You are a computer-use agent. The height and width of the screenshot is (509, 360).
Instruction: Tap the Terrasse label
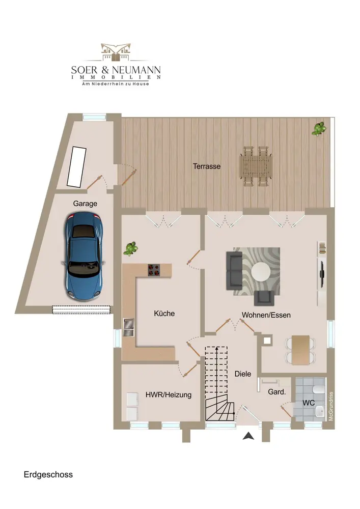click(x=206, y=166)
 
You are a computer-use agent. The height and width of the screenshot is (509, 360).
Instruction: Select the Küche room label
click(x=164, y=313)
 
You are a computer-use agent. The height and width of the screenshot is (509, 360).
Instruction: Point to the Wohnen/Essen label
click(x=266, y=315)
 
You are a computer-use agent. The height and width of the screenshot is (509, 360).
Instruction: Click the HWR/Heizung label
click(x=169, y=395)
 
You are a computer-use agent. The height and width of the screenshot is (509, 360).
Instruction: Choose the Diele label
click(x=243, y=374)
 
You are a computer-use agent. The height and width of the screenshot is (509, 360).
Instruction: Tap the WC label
click(x=309, y=403)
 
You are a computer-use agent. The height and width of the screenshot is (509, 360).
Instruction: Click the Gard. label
click(x=277, y=392)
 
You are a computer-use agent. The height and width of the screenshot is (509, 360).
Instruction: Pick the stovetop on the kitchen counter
click(x=154, y=270)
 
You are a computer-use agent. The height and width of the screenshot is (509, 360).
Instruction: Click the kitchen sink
click(x=129, y=327)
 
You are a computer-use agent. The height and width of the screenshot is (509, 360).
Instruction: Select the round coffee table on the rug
click(x=261, y=271)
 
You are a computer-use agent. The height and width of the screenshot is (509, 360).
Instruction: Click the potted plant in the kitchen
click(x=130, y=249)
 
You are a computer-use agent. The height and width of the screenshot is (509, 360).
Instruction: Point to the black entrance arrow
click(x=248, y=436)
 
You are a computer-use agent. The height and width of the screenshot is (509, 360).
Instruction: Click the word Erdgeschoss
click(x=48, y=474)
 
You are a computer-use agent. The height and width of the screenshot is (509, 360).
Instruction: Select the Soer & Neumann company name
click(x=116, y=69)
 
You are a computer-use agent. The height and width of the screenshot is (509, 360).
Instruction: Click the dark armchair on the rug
click(x=264, y=298)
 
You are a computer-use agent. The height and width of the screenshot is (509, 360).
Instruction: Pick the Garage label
click(x=85, y=204)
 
